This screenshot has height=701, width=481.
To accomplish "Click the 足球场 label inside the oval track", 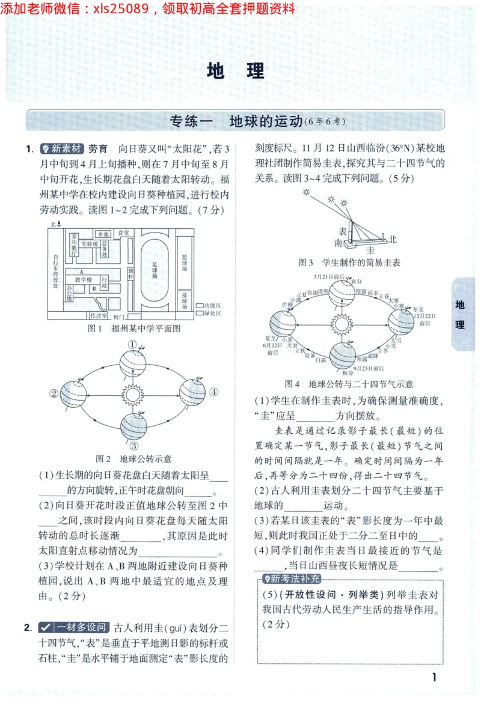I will [155, 270].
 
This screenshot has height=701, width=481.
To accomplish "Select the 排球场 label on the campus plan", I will [185, 299].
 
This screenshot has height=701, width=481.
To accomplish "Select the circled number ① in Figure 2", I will [132, 345].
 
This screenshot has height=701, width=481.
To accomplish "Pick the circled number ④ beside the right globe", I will [213, 393].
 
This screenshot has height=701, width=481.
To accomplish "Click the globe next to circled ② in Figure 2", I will [72, 393].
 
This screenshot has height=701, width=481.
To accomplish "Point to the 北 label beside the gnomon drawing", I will [393, 239].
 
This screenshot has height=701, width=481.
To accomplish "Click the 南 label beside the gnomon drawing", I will [339, 242].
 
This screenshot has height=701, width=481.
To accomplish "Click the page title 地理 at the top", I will [236, 71].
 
